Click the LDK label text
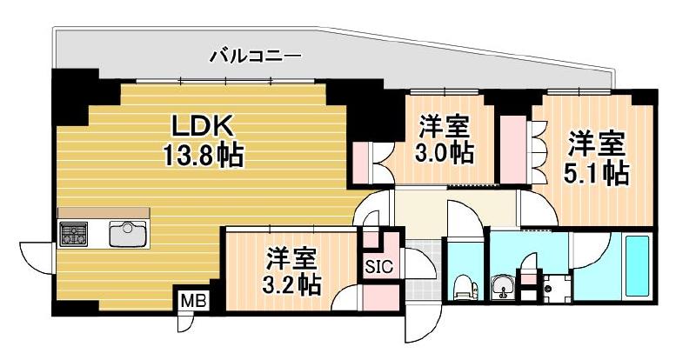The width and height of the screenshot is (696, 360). tap(205, 126)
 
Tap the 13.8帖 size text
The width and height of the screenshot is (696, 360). tap(205, 157)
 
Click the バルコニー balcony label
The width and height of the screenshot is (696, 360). tap(256, 57)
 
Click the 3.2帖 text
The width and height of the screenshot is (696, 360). tap(291, 283)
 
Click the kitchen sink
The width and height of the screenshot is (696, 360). tap(127, 234)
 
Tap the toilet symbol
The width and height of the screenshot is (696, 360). tap(463, 286)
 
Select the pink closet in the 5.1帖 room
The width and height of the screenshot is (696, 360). tap(515, 147)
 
